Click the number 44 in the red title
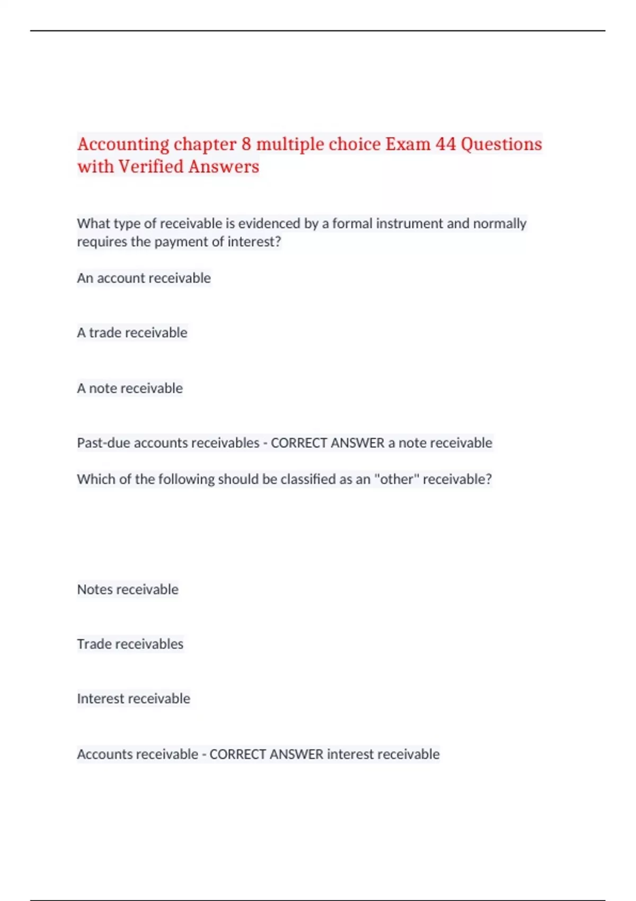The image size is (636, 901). coord(445,144)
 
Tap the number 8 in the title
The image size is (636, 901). coord(246,144)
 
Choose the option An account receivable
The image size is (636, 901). coord(144,278)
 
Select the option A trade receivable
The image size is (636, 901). coord(132,333)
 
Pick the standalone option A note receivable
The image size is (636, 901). coord(130,388)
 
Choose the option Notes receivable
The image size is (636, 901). coord(128,590)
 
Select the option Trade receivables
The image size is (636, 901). coord(130,644)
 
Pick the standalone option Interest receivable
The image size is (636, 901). coord(133,699)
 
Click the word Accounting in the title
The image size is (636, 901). coord(123,144)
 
